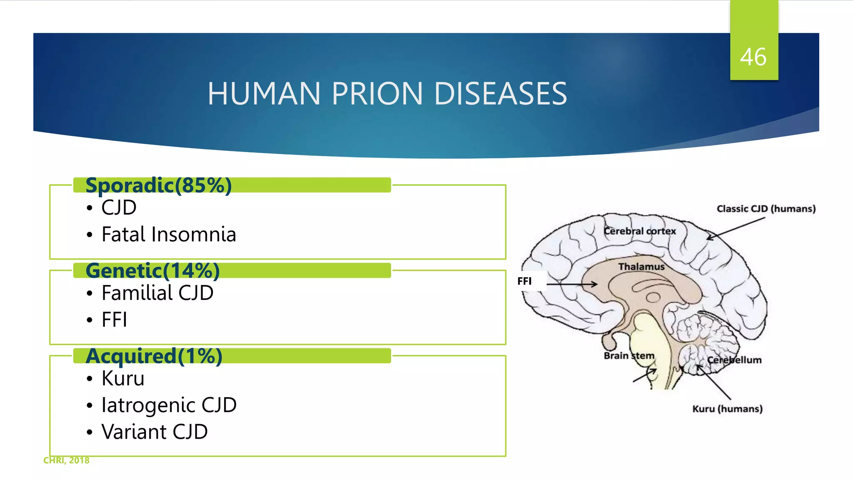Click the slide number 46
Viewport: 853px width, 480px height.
[x=753, y=57]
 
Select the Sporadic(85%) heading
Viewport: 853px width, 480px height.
[x=158, y=185]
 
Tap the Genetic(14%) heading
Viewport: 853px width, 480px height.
[x=152, y=271]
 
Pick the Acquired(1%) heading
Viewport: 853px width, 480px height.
[x=154, y=356]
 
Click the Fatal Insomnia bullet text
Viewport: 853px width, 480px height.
[x=169, y=235]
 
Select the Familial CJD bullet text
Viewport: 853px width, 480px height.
[x=157, y=293]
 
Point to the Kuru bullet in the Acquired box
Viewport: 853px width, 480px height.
[x=123, y=378]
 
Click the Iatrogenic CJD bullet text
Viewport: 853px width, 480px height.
[x=169, y=405]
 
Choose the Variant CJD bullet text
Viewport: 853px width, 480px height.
[x=155, y=432]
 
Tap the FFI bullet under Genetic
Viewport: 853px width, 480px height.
[x=114, y=320]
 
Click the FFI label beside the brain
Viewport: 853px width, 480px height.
[x=524, y=281]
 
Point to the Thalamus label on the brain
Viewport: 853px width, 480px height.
[x=641, y=267]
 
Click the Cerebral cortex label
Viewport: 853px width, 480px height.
[x=639, y=231]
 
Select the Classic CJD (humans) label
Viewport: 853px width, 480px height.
[x=766, y=209]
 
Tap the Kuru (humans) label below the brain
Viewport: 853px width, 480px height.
[x=727, y=409]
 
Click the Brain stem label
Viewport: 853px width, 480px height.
[x=629, y=356]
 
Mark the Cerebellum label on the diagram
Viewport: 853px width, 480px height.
[x=734, y=360]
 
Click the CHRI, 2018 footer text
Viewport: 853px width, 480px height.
[x=66, y=460]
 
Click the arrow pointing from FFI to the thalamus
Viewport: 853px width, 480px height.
[x=571, y=284]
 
